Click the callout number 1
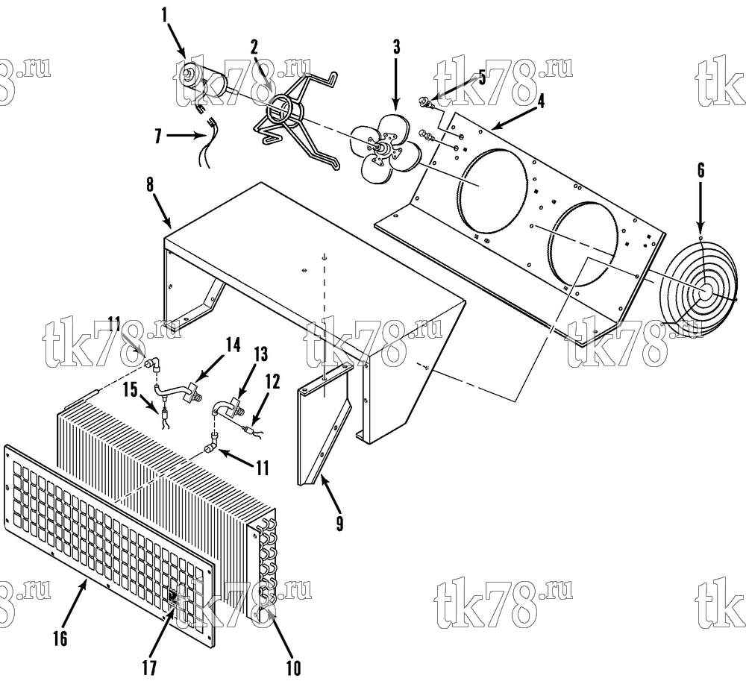pyautogui.click(x=165, y=15)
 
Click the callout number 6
pyautogui.click(x=700, y=171)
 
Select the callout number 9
pyautogui.click(x=339, y=523)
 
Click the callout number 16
pyautogui.click(x=60, y=638)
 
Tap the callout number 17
pyautogui.click(x=149, y=668)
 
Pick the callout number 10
pyautogui.click(x=293, y=668)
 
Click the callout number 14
pyautogui.click(x=233, y=345)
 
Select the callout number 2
pyautogui.click(x=254, y=47)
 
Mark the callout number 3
pyautogui.click(x=396, y=46)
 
